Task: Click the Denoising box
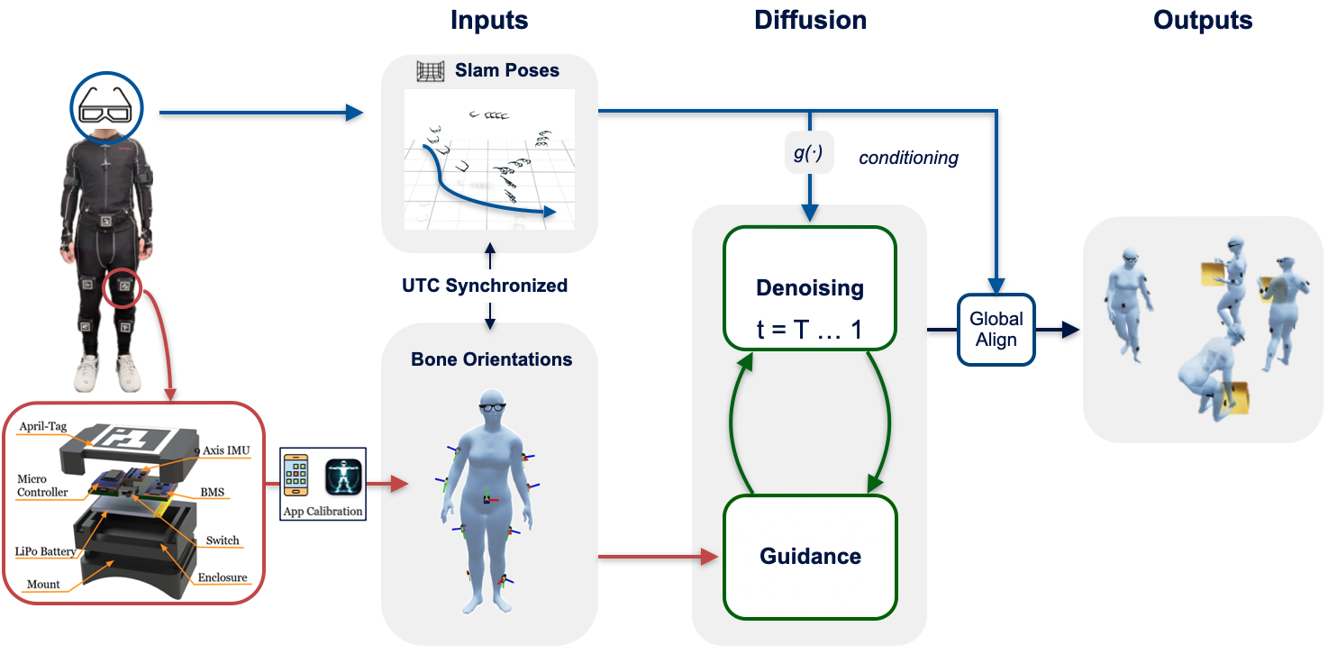point(809,287)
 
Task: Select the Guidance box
point(809,556)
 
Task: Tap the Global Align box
point(996,330)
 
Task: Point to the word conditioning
point(908,159)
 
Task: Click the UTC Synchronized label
point(485,286)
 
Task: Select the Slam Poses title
point(506,70)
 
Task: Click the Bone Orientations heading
point(491,359)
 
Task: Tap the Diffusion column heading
point(810,20)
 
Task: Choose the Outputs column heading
point(1202,20)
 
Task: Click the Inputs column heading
point(489,20)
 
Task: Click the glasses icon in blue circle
point(107,109)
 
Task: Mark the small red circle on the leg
point(123,289)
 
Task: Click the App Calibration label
point(323,511)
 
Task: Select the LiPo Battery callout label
point(45,550)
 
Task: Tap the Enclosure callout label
point(222,577)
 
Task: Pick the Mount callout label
point(43,584)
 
